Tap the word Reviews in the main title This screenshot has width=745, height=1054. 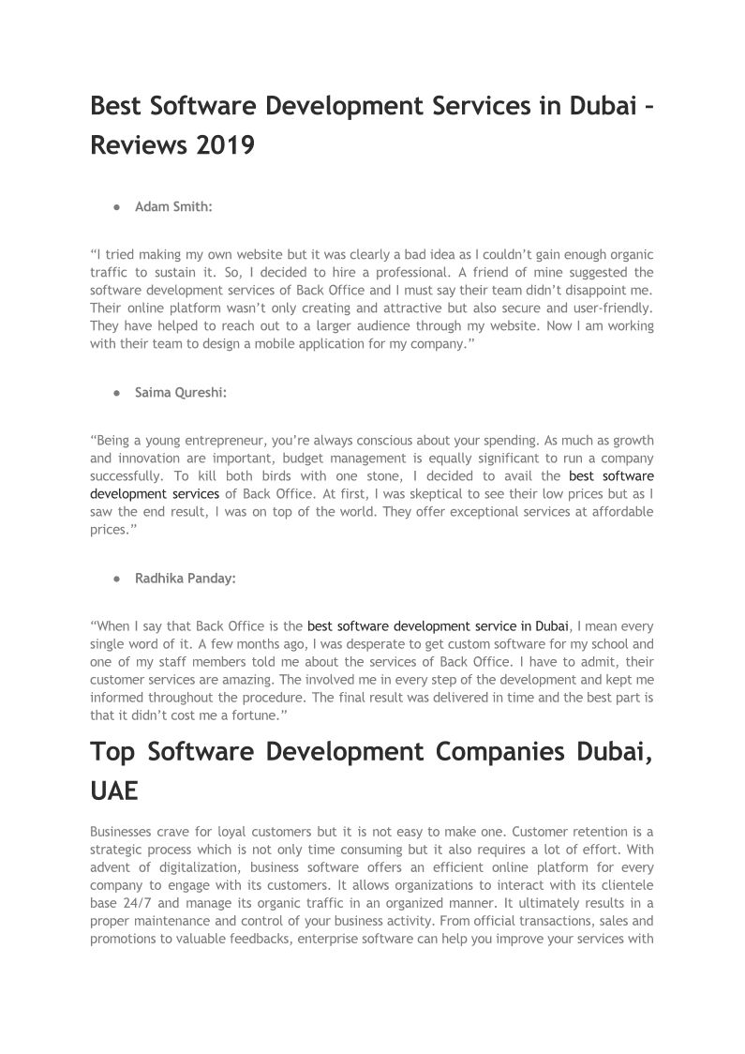point(137,146)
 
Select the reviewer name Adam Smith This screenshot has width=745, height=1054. point(173,206)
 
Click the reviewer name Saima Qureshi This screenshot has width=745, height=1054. point(181,393)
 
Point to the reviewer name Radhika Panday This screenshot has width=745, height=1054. point(185,579)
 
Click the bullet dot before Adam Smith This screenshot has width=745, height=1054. point(115,206)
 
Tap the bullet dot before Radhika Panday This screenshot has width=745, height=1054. point(115,579)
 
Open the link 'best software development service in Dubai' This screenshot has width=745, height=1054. point(438,625)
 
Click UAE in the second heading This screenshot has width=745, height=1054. point(114,790)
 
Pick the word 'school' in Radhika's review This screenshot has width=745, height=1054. point(581,644)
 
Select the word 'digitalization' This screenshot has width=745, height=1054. point(182,867)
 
